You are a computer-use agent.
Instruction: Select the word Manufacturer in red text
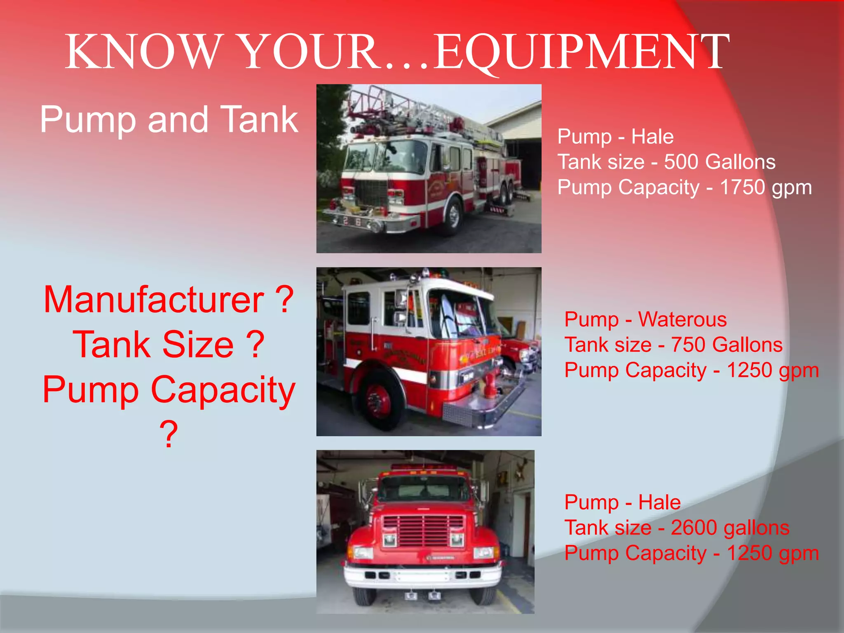(x=154, y=300)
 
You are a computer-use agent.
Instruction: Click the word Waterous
(x=682, y=319)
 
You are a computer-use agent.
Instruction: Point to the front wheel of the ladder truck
(x=454, y=216)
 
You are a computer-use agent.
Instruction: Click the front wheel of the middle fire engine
(x=378, y=399)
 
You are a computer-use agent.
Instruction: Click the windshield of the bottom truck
(x=424, y=490)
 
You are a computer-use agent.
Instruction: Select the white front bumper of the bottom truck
(x=423, y=575)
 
